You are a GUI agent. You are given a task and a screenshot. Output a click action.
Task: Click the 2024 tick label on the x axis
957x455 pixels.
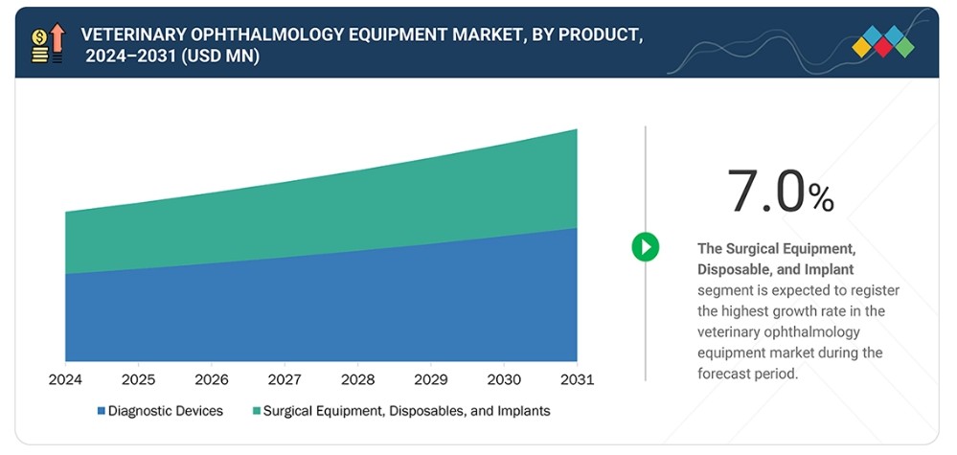[x=65, y=379]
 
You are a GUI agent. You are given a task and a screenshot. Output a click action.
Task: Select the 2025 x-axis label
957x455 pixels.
[x=139, y=379]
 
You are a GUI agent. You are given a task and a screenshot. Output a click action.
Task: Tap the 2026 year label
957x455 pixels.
[x=212, y=379]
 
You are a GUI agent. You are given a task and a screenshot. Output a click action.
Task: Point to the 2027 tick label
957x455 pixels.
[x=285, y=379]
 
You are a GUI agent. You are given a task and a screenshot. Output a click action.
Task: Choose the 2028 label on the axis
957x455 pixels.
[x=357, y=379]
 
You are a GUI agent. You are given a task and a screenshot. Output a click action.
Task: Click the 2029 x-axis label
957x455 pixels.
[x=431, y=379]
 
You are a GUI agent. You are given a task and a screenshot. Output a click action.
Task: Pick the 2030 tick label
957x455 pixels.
[x=504, y=379]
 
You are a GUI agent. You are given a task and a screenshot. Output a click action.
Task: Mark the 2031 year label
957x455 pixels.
[x=577, y=379]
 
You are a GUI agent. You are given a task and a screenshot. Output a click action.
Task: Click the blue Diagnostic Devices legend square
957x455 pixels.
[x=102, y=411]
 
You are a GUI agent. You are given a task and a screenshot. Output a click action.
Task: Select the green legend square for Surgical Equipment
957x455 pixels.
[x=257, y=411]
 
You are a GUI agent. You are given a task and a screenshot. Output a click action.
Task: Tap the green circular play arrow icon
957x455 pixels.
[x=645, y=247]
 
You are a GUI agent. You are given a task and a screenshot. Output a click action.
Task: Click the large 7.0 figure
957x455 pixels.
[x=766, y=191]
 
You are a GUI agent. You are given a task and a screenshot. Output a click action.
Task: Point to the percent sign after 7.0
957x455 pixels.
[x=821, y=198]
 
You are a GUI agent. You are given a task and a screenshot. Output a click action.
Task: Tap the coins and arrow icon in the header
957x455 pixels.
[x=47, y=43]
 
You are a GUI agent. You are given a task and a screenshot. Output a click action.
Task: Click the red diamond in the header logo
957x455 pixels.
[x=883, y=47]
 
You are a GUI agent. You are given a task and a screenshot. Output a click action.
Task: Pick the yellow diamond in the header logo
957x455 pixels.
[x=862, y=47]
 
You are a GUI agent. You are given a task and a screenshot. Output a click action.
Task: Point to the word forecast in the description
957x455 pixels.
[x=719, y=374]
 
